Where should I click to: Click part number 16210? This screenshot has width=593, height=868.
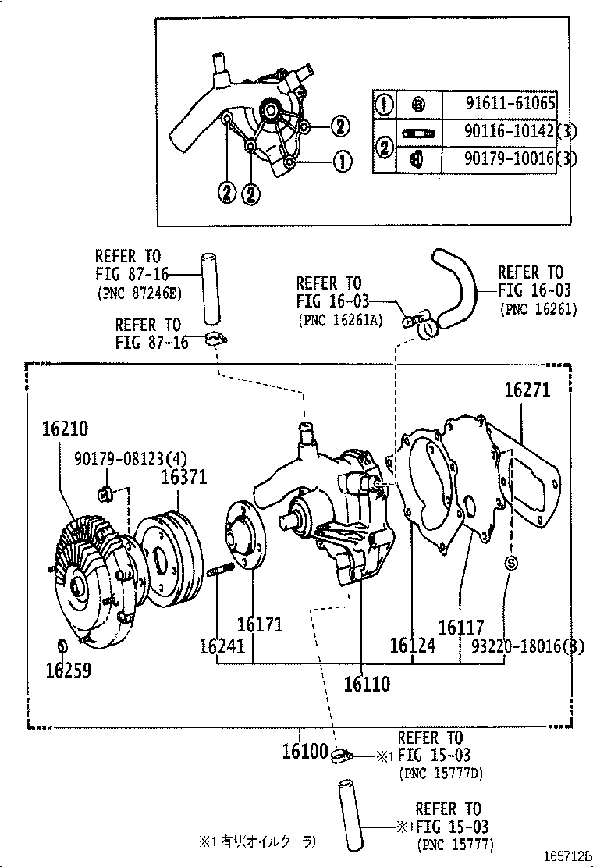(65, 429)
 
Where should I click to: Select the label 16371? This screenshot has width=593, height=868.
(184, 476)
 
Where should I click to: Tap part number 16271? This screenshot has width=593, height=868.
(527, 390)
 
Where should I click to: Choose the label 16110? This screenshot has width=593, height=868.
(367, 685)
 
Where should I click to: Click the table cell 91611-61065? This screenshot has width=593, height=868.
(510, 105)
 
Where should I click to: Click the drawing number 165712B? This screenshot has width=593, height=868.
(566, 856)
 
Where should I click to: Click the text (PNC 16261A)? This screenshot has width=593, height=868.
(339, 320)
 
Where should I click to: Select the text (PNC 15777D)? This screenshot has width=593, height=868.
(440, 774)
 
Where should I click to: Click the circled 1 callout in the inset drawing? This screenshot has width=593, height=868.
(342, 162)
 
